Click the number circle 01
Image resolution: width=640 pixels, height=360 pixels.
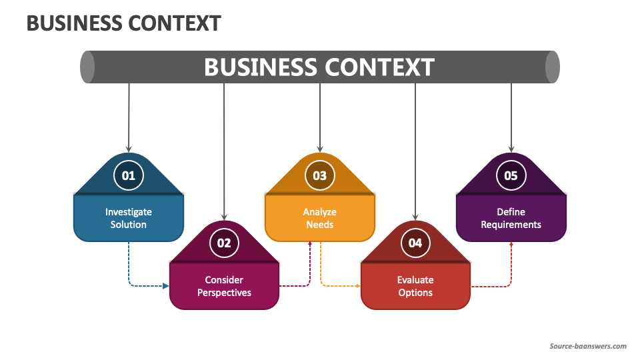128,175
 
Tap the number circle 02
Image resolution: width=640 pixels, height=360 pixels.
224,243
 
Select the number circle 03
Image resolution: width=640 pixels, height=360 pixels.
320,175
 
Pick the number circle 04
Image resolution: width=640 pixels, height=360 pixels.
415,243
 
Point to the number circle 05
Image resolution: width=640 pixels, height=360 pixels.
511,175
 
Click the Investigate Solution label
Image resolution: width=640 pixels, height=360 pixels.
128,218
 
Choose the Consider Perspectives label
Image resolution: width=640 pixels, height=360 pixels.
224,286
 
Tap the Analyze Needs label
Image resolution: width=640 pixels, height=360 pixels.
320,218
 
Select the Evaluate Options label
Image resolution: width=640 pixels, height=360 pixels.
415,286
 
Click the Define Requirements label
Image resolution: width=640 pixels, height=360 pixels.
511,218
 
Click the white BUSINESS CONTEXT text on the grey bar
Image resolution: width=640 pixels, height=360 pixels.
319,67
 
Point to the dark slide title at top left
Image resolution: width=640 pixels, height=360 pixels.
123,23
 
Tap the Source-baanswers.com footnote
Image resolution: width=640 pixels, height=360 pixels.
587,346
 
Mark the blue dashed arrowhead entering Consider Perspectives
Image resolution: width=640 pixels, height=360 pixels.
165,286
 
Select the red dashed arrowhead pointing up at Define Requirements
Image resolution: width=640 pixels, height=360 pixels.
511,245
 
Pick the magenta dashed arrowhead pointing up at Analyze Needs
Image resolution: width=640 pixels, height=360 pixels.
310,245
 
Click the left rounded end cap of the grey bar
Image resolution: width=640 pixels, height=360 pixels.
87,67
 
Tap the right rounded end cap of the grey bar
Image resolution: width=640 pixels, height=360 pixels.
552,67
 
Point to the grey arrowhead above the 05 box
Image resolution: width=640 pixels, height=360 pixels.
511,149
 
